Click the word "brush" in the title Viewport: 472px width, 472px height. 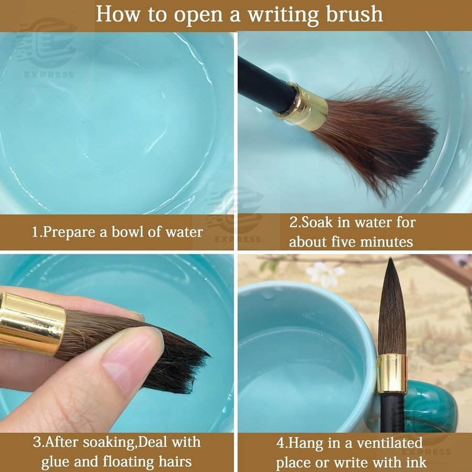point(355,14)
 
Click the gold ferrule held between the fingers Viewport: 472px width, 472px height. point(32,324)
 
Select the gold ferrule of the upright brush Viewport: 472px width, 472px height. point(392,373)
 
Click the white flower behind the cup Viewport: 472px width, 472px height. point(325,274)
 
